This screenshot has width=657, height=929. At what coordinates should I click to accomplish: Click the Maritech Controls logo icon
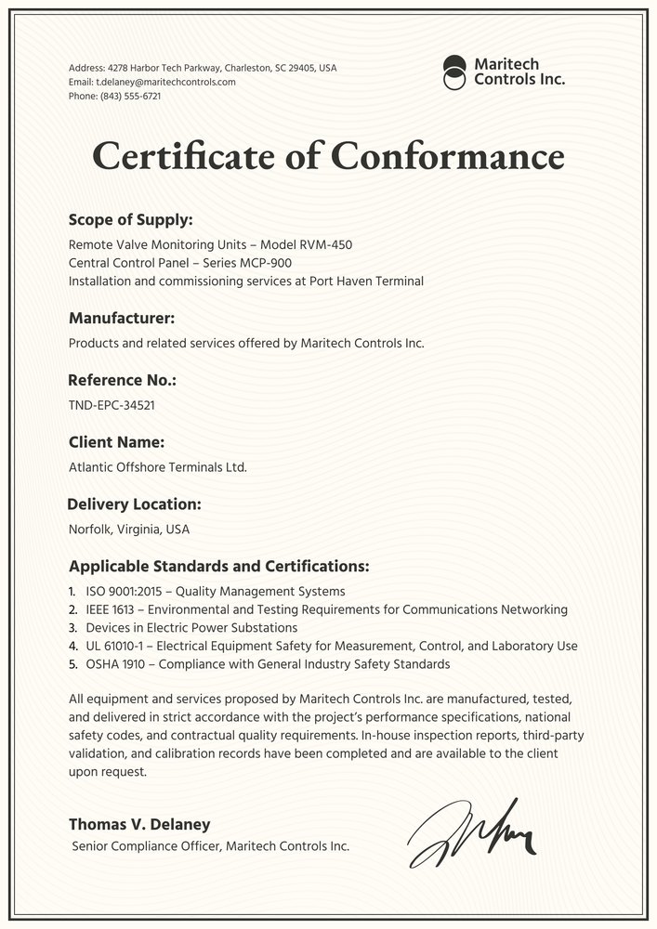pyautogui.click(x=454, y=72)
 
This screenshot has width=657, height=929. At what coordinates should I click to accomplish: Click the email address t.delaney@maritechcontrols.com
pyautogui.click(x=165, y=82)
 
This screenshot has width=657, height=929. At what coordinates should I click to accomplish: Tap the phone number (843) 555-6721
pyautogui.click(x=130, y=96)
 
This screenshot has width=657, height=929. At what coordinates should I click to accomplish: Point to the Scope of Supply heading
pyautogui.click(x=131, y=220)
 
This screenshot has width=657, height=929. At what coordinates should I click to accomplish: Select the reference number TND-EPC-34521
pyautogui.click(x=112, y=405)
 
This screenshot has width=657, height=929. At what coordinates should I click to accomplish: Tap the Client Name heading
pyautogui.click(x=117, y=442)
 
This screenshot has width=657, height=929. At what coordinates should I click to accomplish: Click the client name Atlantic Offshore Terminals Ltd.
pyautogui.click(x=158, y=467)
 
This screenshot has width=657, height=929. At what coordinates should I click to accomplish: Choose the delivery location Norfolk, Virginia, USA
pyautogui.click(x=129, y=530)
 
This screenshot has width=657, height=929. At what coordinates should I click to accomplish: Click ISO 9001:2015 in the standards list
pyautogui.click(x=126, y=591)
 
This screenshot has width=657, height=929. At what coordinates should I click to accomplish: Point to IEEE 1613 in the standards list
pyautogui.click(x=112, y=609)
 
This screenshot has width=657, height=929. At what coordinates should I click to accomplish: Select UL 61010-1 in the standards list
pyautogui.click(x=115, y=646)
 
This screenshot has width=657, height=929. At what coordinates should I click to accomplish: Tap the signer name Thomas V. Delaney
pyautogui.click(x=139, y=824)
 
